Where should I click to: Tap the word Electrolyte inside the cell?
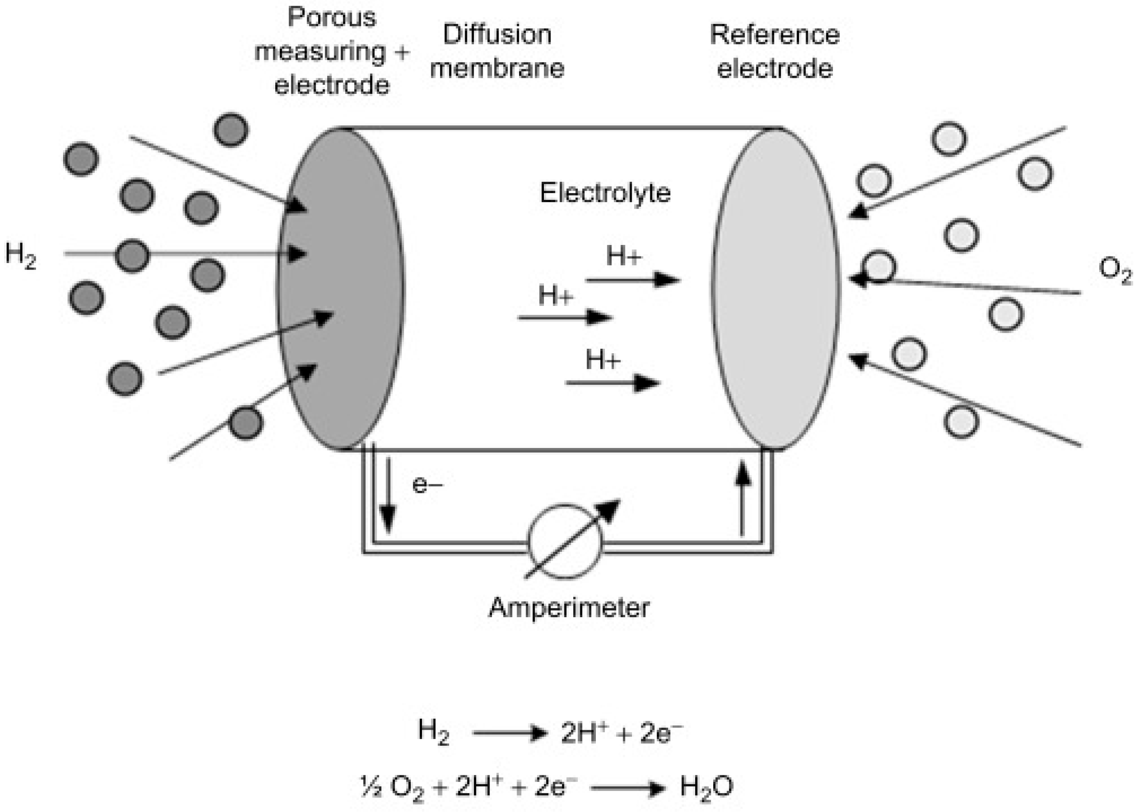605,193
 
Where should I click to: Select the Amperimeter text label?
569,608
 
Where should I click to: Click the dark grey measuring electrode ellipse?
340,289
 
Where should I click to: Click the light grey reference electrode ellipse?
776,289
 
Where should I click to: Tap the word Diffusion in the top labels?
497,35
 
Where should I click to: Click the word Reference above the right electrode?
774,35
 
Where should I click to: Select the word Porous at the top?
332,17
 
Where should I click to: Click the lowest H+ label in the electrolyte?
603,359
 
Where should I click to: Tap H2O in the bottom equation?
706,786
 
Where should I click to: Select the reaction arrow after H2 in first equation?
509,733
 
